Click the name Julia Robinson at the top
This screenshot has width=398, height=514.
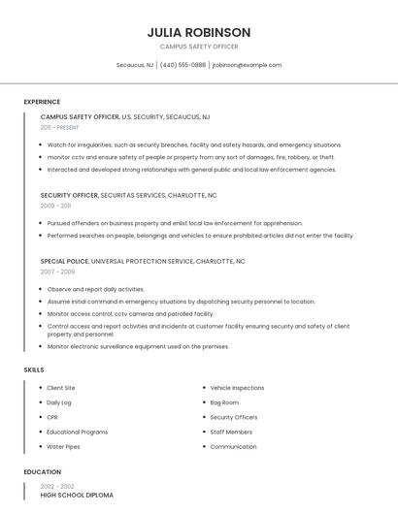tap(198, 32)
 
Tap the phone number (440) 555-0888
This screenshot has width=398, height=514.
tap(182, 65)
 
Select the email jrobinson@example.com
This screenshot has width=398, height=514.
tap(247, 65)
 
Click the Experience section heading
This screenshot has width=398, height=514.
tap(42, 102)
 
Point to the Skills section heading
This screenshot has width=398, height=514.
tap(34, 369)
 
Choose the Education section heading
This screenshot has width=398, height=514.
tap(42, 472)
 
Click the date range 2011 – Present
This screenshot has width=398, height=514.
tap(60, 127)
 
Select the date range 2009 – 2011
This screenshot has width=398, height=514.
tap(55, 206)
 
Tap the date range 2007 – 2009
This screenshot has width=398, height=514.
tap(57, 272)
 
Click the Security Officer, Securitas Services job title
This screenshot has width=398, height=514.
tap(128, 195)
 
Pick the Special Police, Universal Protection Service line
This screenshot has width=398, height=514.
tap(142, 261)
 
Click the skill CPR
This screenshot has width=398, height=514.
tap(52, 417)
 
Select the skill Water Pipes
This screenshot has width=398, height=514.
tap(63, 447)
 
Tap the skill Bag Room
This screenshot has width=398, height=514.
tap(224, 402)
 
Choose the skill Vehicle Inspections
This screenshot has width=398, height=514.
tap(237, 388)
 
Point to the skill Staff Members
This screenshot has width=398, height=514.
tap(231, 432)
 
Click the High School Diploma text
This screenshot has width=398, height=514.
tap(77, 496)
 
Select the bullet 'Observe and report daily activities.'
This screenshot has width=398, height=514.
tap(95, 289)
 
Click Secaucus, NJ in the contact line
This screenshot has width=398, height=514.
tap(135, 65)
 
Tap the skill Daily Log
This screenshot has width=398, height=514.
tap(59, 402)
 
